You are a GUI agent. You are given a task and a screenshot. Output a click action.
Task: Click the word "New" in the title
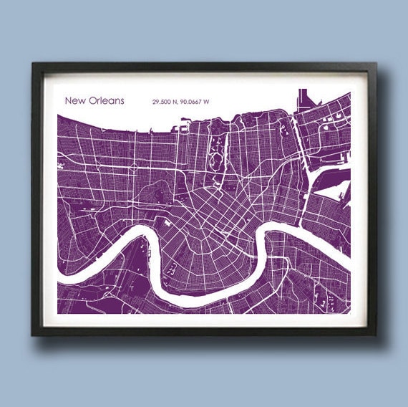[x=74, y=101]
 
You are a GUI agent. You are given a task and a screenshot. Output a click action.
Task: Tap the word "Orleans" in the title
[x=105, y=101]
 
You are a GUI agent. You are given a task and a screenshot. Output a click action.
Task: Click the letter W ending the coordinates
[x=207, y=102]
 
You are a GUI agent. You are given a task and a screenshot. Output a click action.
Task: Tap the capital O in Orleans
[x=91, y=101]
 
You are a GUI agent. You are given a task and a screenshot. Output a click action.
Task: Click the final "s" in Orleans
[x=122, y=102]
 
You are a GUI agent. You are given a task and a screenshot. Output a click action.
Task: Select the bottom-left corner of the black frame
[x=33, y=335]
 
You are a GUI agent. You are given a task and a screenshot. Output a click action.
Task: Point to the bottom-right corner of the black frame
[x=375, y=335]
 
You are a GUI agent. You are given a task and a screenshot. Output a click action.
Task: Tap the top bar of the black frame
[x=204, y=67]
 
